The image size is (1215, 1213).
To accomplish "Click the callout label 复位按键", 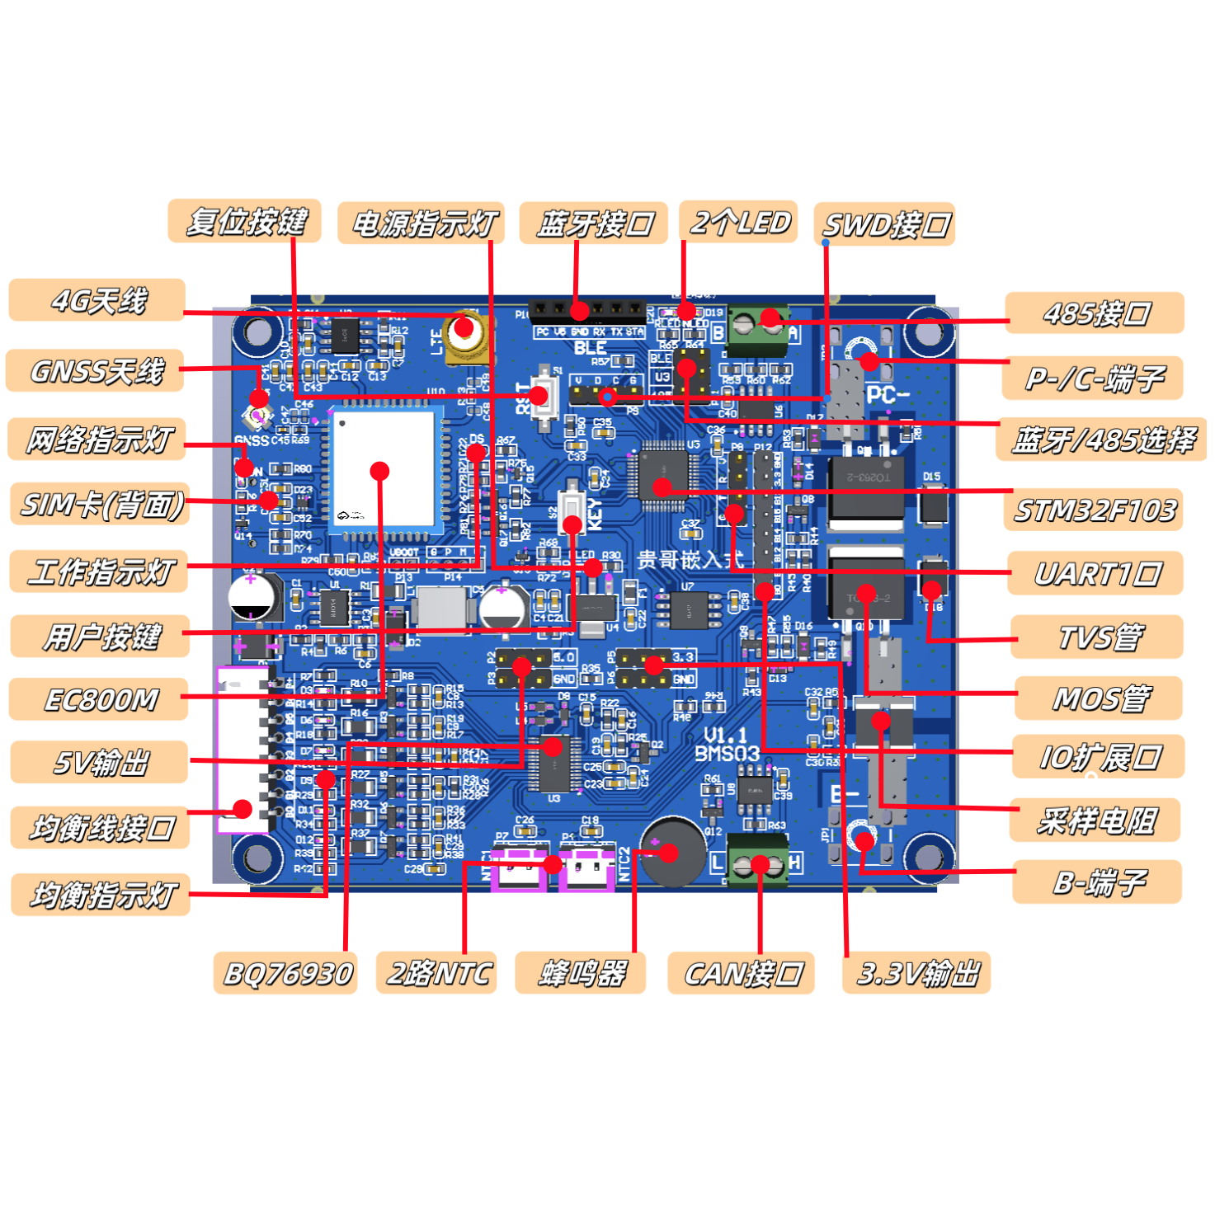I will (x=244, y=222).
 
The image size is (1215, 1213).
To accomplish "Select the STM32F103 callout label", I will (x=1094, y=510).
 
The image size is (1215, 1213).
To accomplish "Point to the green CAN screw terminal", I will (x=757, y=866).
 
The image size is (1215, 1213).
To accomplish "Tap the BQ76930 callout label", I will (x=286, y=974).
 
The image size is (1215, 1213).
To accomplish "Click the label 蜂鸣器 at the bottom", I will (x=581, y=974).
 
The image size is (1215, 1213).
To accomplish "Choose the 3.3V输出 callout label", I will (x=916, y=974).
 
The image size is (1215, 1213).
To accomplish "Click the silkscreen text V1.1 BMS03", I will (x=726, y=745).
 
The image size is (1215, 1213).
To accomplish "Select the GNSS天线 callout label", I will (x=96, y=371).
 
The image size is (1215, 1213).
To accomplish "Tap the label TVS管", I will (x=1098, y=637).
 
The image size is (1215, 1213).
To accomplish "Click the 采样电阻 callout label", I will (x=1095, y=820).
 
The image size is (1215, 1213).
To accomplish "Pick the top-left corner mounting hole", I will (x=257, y=332).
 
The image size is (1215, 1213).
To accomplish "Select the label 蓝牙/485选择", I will (x=1102, y=440).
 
